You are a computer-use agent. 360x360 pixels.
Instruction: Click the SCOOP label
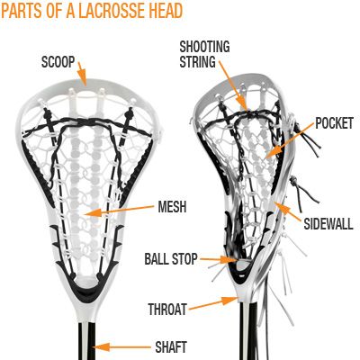click(58, 62)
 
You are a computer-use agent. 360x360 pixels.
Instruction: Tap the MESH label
click(172, 207)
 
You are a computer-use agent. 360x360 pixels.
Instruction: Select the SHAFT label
click(171, 347)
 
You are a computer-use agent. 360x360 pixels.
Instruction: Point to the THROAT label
click(167, 309)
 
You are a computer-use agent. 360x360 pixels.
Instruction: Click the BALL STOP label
click(171, 259)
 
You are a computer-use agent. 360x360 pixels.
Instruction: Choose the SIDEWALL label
click(328, 223)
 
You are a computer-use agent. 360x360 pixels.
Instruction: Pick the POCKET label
click(334, 123)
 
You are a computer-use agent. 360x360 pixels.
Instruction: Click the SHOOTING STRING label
click(204, 54)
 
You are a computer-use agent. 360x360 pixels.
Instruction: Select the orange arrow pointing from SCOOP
click(82, 74)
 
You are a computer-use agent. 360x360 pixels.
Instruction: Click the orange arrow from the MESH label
click(119, 210)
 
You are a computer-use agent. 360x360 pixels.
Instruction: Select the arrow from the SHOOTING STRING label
click(233, 85)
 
